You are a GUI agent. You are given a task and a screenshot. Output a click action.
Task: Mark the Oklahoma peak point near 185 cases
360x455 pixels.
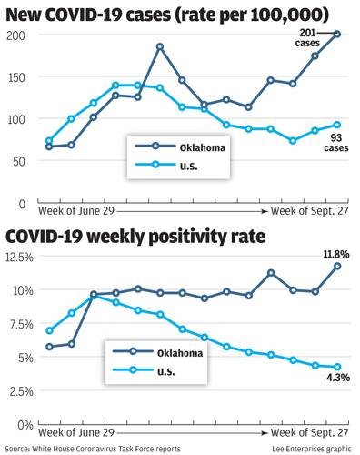tap(160, 46)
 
